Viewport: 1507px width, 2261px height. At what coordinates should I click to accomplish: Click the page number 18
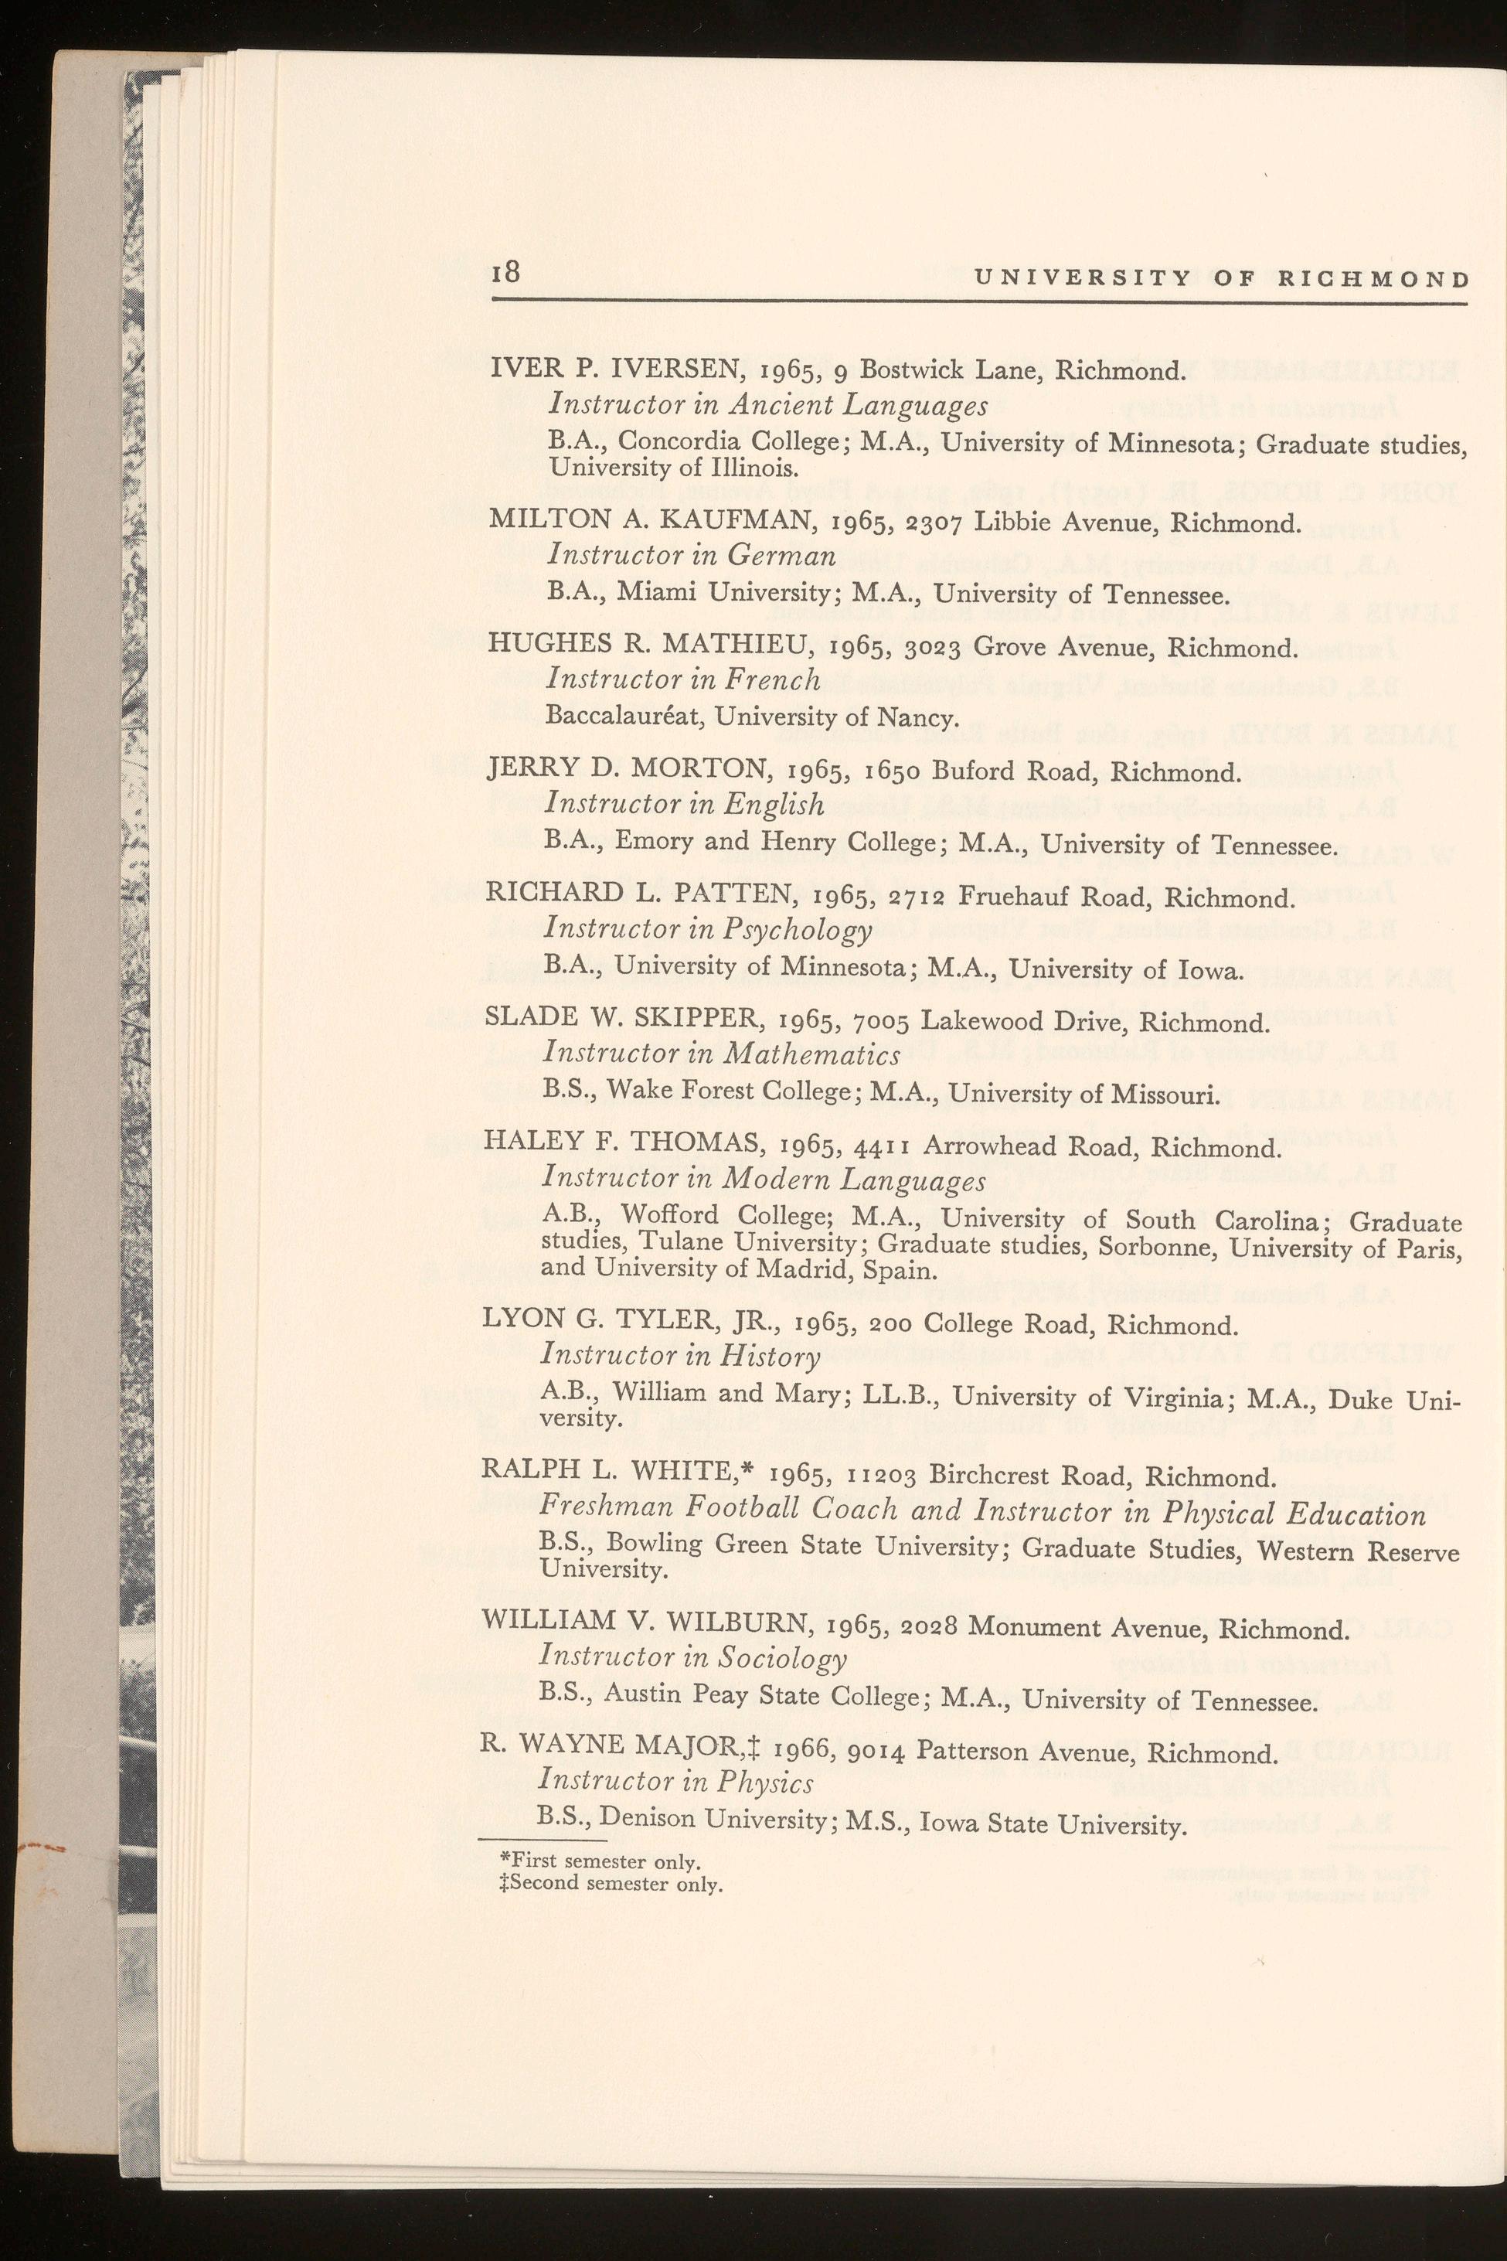tap(505, 273)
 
